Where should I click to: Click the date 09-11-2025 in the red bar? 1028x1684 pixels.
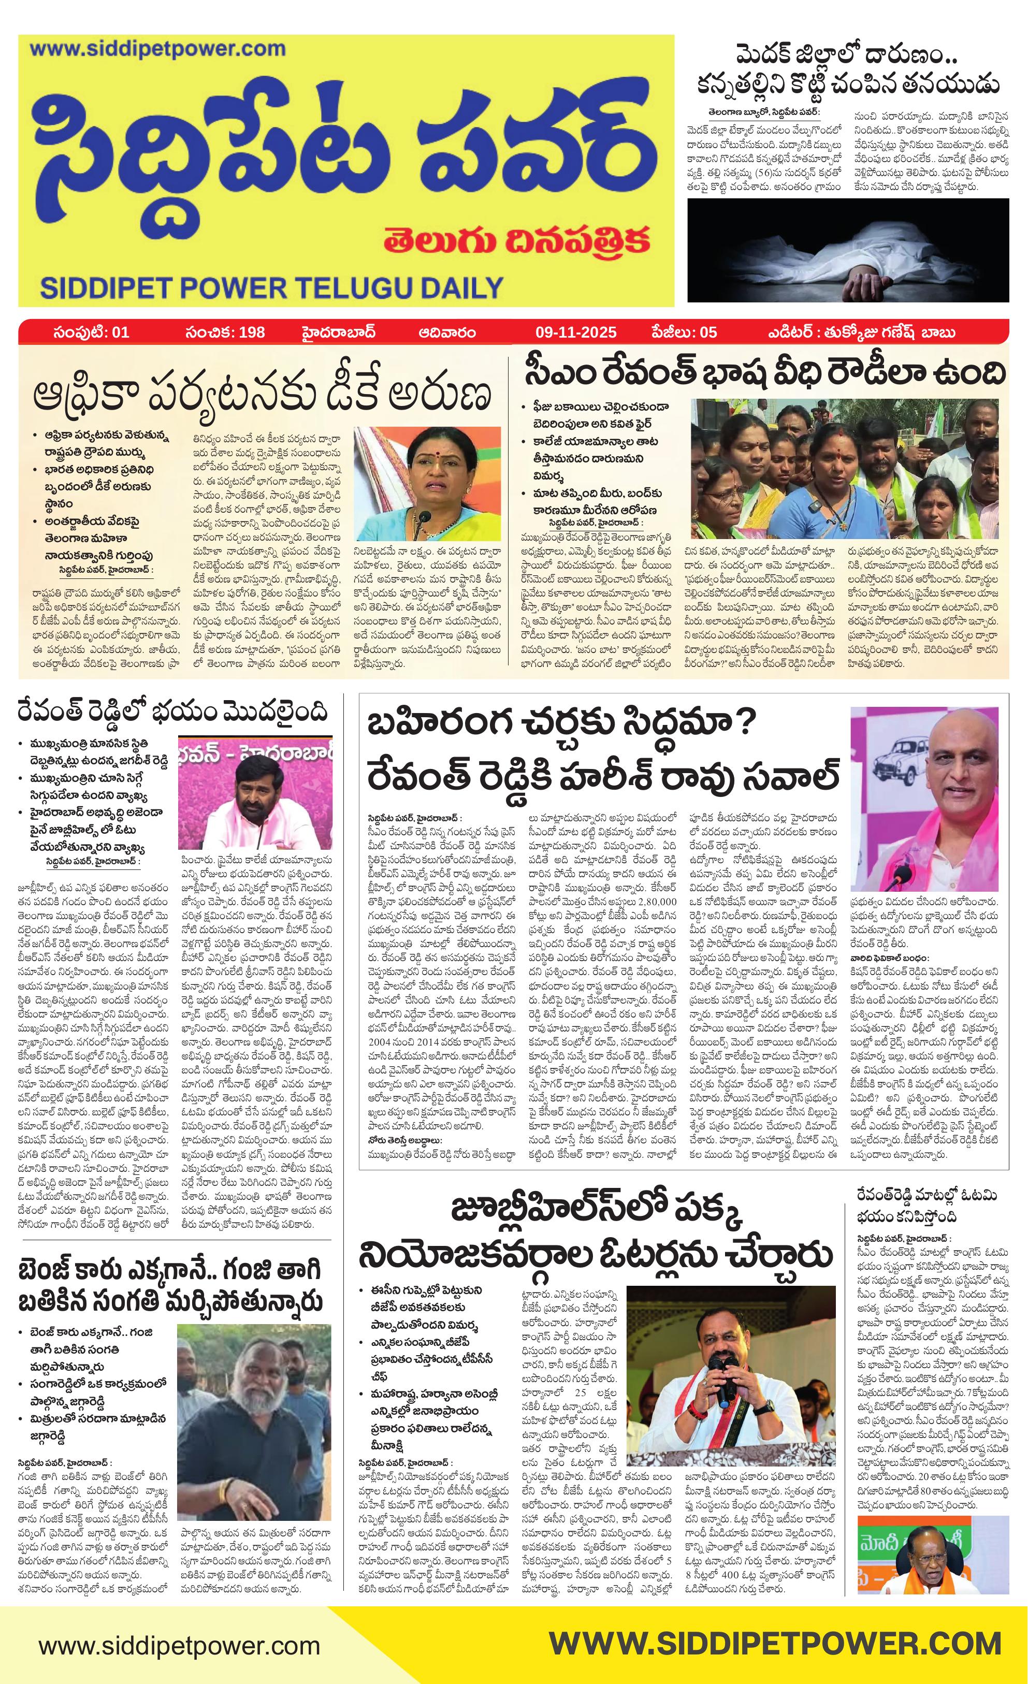tap(576, 333)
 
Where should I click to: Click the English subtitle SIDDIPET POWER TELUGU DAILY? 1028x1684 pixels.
tap(272, 288)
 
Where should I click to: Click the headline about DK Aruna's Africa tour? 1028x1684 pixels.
tap(263, 395)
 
